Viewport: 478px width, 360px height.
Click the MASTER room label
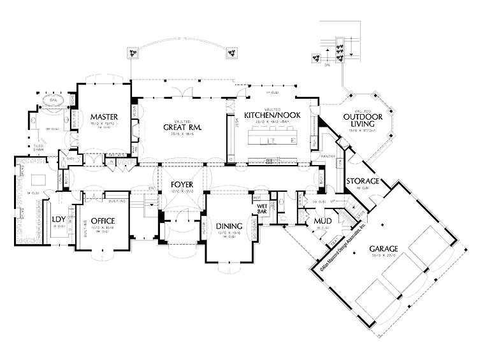click(101, 117)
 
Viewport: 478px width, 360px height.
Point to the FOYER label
click(182, 184)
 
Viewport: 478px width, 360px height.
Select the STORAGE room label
click(363, 182)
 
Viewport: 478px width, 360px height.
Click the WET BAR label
click(261, 209)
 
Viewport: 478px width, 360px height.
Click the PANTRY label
click(329, 155)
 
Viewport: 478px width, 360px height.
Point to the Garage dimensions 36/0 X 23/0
click(382, 257)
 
